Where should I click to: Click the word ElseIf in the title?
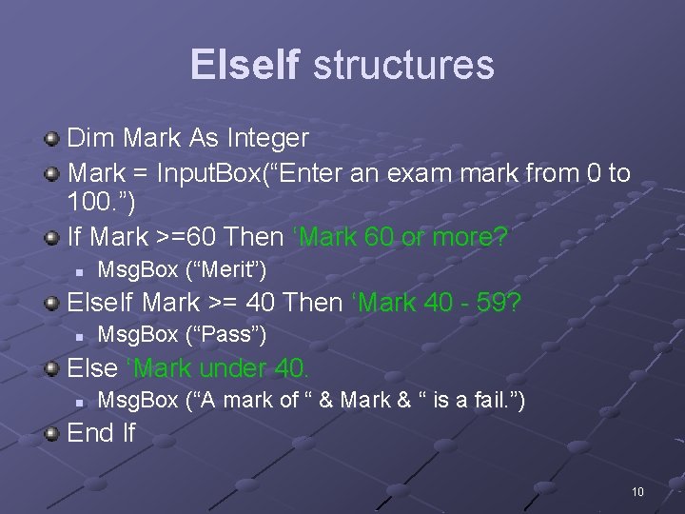[x=245, y=65]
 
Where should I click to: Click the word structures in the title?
[x=402, y=65]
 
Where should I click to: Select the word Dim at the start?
[x=87, y=138]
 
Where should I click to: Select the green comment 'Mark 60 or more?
[x=404, y=235]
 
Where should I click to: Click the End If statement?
[x=102, y=434]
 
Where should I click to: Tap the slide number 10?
[x=636, y=491]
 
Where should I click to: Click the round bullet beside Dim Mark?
[x=52, y=139]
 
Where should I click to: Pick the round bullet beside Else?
[x=52, y=368]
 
